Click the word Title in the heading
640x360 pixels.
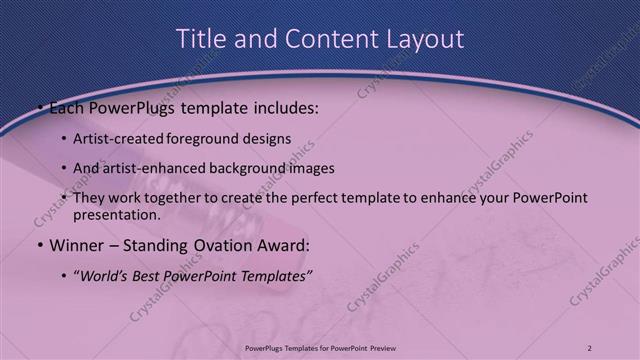(x=200, y=39)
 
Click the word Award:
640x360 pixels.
(x=283, y=244)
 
